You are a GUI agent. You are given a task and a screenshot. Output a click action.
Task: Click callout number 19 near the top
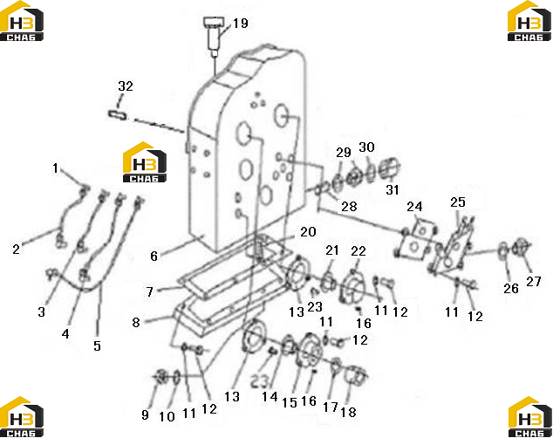tap(240, 24)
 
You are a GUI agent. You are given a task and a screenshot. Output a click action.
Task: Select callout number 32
tap(126, 86)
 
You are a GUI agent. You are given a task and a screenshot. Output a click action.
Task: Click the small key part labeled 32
tap(118, 114)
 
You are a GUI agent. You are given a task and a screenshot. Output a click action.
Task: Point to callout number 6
tap(154, 256)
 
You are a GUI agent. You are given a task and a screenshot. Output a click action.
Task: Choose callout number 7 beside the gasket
tap(150, 291)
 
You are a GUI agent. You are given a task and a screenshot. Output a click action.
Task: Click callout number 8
tap(136, 322)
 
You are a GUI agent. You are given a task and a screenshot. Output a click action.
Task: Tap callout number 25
tap(458, 202)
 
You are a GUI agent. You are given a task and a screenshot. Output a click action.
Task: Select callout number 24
tap(414, 206)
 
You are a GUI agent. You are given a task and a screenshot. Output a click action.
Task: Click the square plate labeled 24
tap(415, 239)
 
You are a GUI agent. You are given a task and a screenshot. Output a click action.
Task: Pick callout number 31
tap(393, 189)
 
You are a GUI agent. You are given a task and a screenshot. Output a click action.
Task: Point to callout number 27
tap(534, 282)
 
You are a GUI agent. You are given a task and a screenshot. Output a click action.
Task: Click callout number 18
tap(348, 412)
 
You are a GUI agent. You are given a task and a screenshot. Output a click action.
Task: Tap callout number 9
tap(145, 414)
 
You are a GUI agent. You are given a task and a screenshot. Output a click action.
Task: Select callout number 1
tap(55, 168)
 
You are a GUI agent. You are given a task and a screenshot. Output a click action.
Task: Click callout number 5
tap(98, 346)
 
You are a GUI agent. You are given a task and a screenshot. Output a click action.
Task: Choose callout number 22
tap(358, 251)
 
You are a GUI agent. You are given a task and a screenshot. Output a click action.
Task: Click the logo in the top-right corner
tap(529, 20)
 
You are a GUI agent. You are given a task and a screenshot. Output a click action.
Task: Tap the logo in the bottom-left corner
tap(22, 417)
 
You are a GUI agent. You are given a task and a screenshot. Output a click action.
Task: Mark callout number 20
tap(308, 232)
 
